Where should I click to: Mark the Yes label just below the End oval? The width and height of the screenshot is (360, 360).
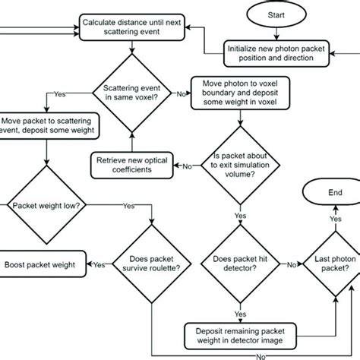[x=332, y=219]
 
